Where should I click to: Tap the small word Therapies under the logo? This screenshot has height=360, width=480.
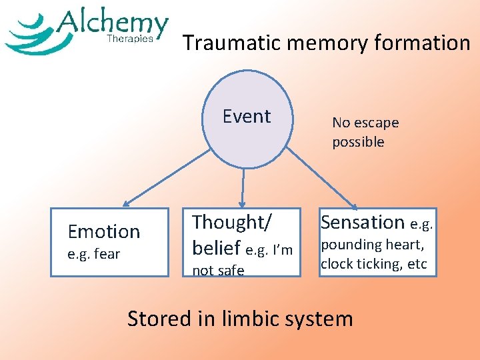point(130,39)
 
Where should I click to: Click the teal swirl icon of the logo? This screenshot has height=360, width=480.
point(30,35)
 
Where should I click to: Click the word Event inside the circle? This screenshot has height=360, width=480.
point(247,116)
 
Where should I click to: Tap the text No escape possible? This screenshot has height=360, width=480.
point(365,132)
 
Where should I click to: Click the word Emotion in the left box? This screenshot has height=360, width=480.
point(104,231)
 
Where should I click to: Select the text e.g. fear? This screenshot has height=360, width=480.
point(94,253)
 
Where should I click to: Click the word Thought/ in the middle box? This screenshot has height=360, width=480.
point(229,222)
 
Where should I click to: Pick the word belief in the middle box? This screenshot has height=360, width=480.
point(216,248)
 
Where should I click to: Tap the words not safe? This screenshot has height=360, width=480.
point(218,270)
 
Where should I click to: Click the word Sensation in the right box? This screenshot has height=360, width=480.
point(363,222)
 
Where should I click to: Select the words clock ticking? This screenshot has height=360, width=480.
point(363,263)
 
